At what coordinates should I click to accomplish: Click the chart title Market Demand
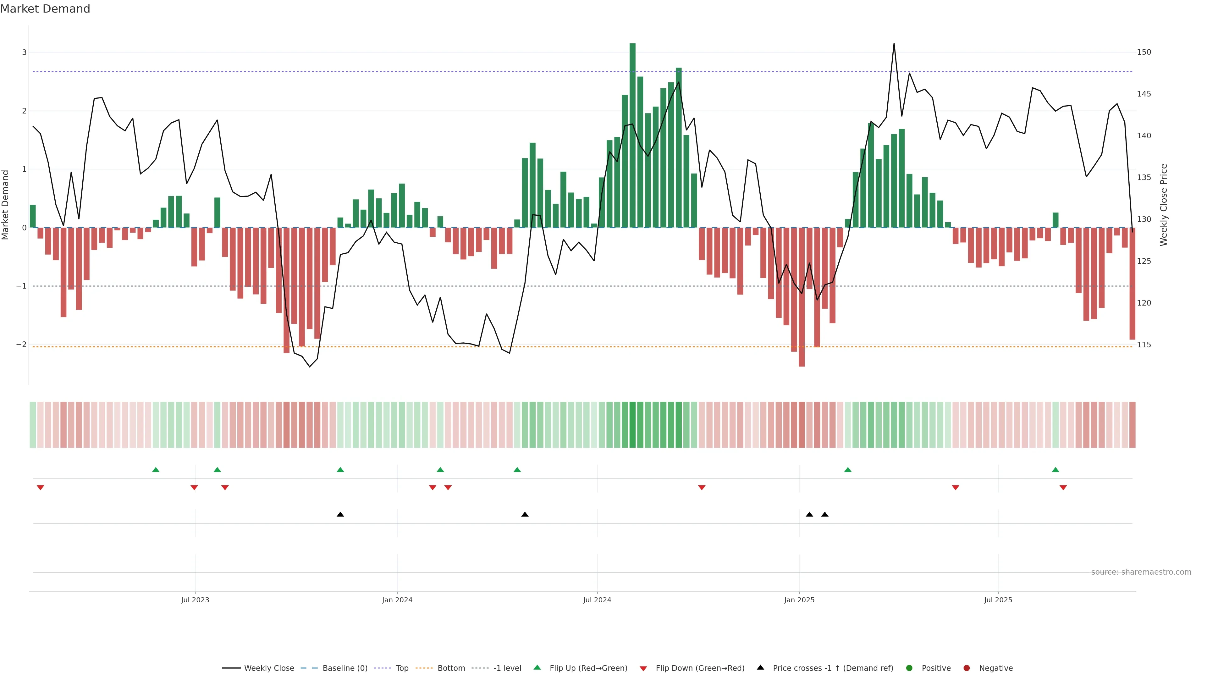[x=45, y=9]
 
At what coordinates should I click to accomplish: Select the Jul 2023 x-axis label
[x=195, y=600]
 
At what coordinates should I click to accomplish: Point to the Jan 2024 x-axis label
[x=397, y=600]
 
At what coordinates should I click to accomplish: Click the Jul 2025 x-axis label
[x=998, y=600]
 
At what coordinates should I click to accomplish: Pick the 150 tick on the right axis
[x=1144, y=52]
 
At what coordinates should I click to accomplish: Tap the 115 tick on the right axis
[x=1144, y=345]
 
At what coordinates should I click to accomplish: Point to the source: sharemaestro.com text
[x=1141, y=572]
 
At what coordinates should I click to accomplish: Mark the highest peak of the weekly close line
[x=894, y=44]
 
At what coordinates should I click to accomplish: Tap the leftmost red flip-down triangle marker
[x=40, y=488]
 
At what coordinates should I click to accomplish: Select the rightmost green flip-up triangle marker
[x=1055, y=470]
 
